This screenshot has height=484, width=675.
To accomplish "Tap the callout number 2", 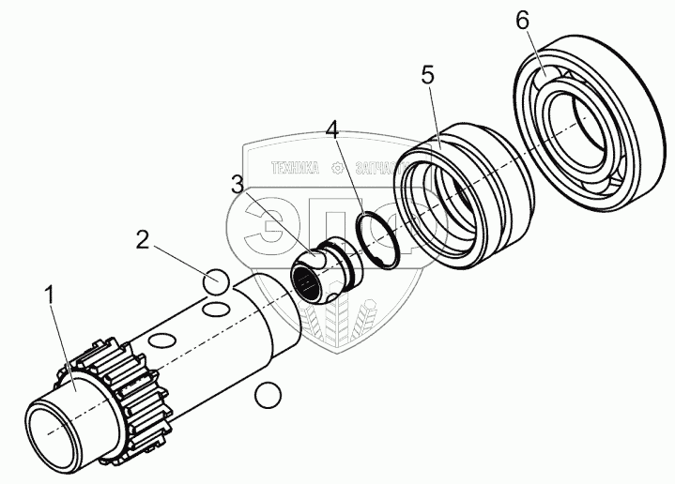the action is (143, 239).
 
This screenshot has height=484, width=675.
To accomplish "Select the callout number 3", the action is (238, 184).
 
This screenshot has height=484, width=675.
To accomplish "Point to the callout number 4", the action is (331, 129).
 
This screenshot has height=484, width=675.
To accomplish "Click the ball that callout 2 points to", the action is (215, 281).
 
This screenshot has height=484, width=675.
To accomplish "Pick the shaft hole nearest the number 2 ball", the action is (215, 310).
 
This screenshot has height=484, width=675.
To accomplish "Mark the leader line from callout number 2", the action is (182, 262).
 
